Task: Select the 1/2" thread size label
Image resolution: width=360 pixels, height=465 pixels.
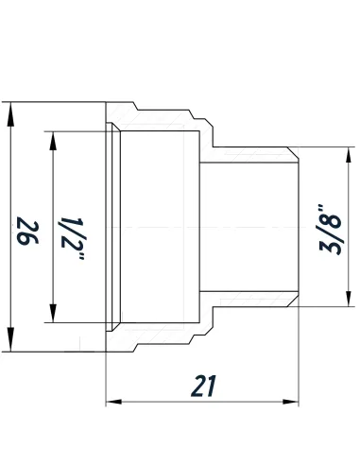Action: pos(70,230)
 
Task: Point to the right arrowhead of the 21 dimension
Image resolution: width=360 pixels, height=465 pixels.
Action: pos(290,404)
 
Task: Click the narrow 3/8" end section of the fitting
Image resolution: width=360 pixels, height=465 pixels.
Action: pos(250,230)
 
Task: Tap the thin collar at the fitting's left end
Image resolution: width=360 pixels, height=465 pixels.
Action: pos(111,230)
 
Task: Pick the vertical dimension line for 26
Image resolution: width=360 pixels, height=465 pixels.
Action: pos(11,284)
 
